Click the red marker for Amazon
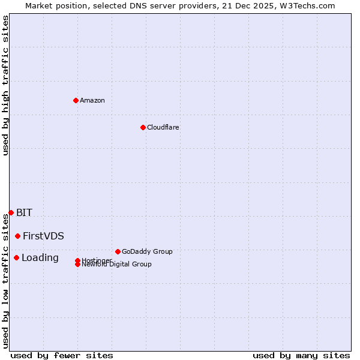coord(76,100)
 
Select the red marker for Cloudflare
coord(143,127)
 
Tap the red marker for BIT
coord(11,212)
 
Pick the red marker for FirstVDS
coord(18,236)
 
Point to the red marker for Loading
coord(16,257)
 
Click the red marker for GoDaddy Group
coord(118,251)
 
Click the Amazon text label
coord(92,100)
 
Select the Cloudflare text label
coord(163,127)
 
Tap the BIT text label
coord(25,212)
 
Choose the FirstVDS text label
coord(44,236)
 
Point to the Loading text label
coord(40,257)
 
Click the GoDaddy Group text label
coord(147,251)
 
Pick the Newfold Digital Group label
coord(117,265)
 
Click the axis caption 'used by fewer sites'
coord(62,355)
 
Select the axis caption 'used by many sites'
coord(301,355)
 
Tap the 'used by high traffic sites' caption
coord(6,85)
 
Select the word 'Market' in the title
coord(40,5)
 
